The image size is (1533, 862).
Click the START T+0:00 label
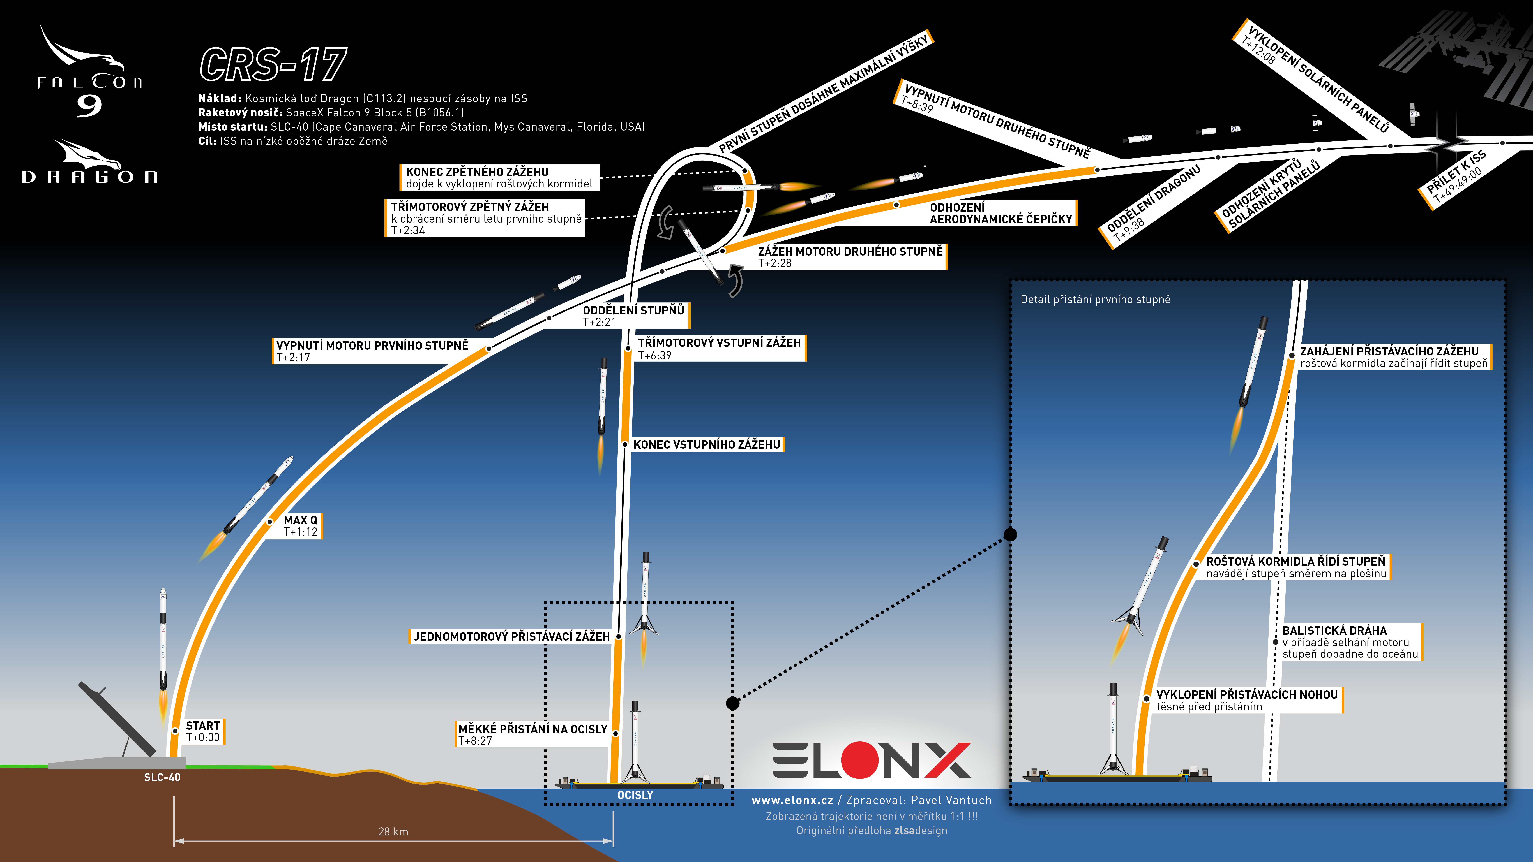[203, 731]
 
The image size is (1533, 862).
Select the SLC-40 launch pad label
[162, 777]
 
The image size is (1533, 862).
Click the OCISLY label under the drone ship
[635, 795]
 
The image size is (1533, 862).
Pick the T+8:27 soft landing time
[475, 741]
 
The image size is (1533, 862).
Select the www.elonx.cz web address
[792, 800]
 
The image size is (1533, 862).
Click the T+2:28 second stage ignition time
[775, 263]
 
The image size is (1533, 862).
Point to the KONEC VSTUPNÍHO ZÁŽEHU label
[706, 444]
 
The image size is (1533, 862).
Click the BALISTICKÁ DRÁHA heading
[1334, 630]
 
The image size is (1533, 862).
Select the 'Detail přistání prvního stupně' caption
[1095, 299]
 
